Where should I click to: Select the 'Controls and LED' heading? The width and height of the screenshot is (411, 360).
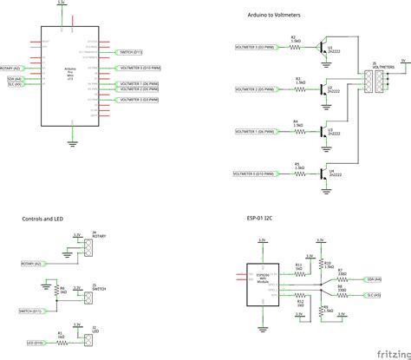pyautogui.click(x=43, y=219)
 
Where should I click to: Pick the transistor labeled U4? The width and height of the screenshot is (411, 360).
pyautogui.click(x=328, y=173)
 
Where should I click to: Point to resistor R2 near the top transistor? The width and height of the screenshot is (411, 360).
pyautogui.click(x=296, y=45)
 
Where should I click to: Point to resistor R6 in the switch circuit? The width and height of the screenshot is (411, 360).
pyautogui.click(x=60, y=291)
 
